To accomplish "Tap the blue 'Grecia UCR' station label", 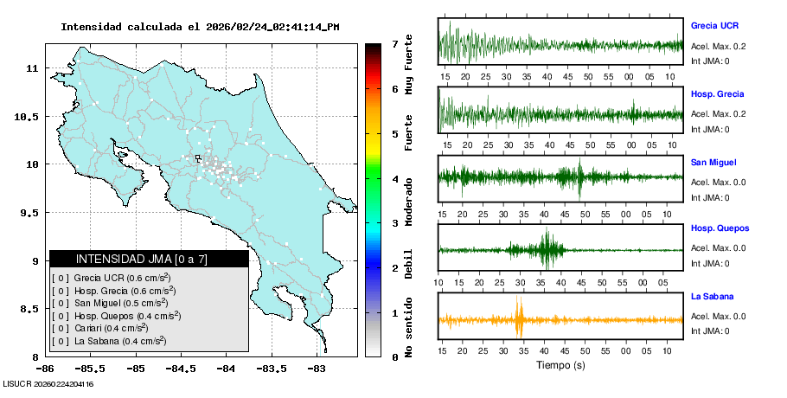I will tap(714, 26).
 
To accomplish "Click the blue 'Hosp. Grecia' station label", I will tap(717, 93).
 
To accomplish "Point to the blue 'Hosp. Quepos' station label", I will tap(719, 228).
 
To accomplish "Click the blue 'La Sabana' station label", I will tap(711, 297).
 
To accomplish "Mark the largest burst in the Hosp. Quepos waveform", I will tap(547, 249).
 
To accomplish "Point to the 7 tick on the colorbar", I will tap(394, 43).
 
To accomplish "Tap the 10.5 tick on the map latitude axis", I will tap(28, 117).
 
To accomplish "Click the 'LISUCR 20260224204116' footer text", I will tap(48, 383).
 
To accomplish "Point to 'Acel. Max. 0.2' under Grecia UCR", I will tap(718, 45).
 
